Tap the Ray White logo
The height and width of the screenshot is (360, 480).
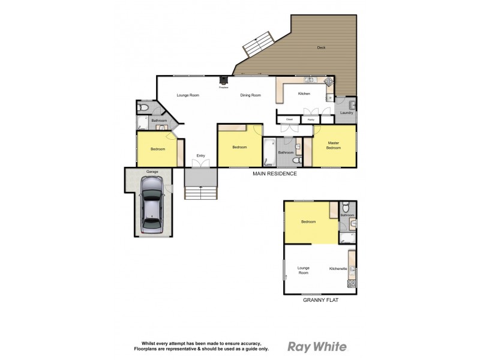coord(317,346)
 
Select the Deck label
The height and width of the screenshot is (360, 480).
coord(322,47)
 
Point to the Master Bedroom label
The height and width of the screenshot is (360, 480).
coord(334,145)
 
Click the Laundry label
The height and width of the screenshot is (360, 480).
coord(346,113)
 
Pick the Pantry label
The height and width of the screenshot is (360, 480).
coord(311,120)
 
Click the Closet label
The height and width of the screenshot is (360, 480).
coord(289,120)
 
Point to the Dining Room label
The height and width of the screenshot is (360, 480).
coord(250,95)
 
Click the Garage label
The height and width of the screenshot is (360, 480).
coord(152,172)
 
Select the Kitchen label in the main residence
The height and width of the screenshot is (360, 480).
coord(304,94)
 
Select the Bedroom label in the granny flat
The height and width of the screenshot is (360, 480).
coord(308,222)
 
